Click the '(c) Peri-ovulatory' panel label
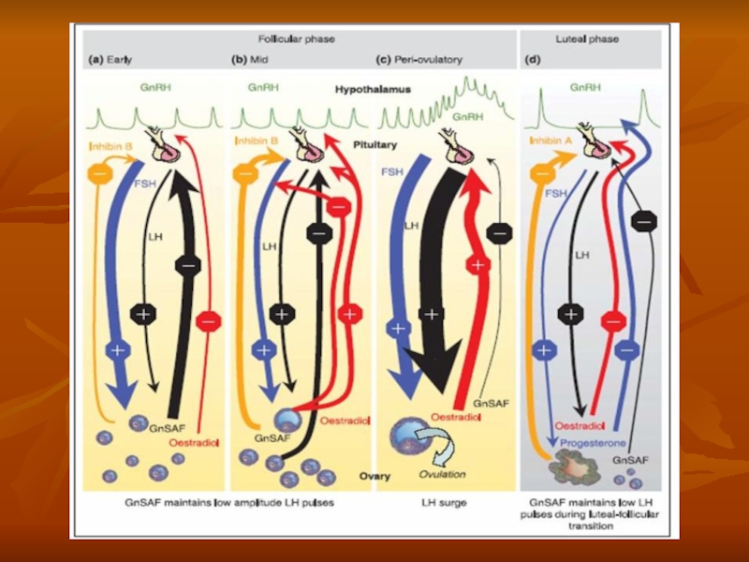[x=420, y=58]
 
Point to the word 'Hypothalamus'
[x=368, y=90]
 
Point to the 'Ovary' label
[x=374, y=475]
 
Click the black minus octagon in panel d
[x=641, y=221]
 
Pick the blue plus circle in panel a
[x=118, y=349]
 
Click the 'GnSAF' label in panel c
[x=491, y=404]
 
